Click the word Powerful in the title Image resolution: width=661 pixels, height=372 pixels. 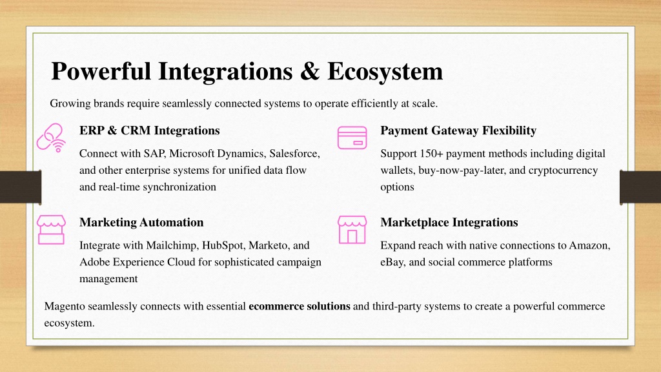(101, 71)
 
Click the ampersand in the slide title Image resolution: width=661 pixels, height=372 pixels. (310, 71)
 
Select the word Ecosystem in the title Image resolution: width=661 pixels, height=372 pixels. (385, 72)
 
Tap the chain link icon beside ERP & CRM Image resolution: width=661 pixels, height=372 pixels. (51, 138)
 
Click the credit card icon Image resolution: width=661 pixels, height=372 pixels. (352, 138)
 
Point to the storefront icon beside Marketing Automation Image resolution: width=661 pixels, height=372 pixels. (51, 230)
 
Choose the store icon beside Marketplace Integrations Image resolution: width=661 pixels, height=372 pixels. (352, 230)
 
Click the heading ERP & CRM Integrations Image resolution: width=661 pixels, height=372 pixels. (150, 130)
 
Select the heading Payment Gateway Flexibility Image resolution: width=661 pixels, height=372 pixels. (458, 130)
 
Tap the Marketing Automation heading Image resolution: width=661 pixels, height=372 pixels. (141, 222)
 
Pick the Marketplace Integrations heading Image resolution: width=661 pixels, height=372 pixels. (449, 222)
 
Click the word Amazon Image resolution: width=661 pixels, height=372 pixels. (590, 245)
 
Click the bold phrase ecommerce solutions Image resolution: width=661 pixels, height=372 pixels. (300, 306)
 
